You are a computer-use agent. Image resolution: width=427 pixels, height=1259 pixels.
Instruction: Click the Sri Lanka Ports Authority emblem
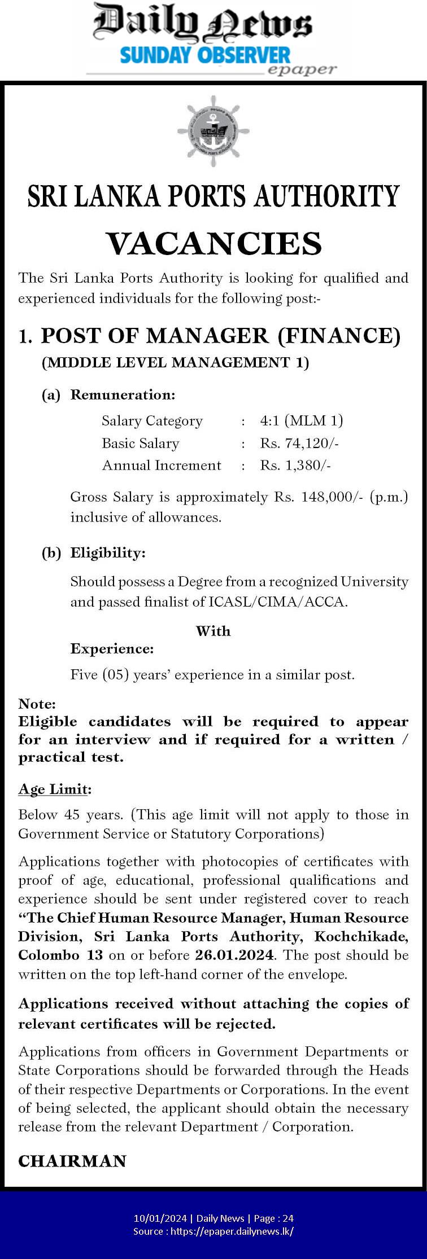click(213, 131)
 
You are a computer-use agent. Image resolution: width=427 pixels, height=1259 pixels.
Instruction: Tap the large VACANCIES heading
click(213, 243)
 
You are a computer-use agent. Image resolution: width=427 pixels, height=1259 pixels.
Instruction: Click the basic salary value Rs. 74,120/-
click(299, 443)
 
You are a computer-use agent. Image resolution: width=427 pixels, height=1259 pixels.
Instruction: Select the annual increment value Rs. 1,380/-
click(295, 465)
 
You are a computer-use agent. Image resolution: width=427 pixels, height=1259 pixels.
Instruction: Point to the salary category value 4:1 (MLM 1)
click(302, 420)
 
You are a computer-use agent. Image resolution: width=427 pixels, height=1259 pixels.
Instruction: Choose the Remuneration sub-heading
click(123, 394)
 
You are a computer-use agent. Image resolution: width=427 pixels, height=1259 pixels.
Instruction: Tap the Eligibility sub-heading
click(108, 552)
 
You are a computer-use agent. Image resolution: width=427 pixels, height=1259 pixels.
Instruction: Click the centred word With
click(213, 630)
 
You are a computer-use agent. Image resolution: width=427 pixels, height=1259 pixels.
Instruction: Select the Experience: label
click(112, 648)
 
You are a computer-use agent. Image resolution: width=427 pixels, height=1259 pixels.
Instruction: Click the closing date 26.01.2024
click(234, 955)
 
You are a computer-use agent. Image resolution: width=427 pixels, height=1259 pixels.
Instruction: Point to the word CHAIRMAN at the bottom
click(72, 1161)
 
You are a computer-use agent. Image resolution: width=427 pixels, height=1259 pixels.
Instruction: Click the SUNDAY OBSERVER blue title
click(205, 55)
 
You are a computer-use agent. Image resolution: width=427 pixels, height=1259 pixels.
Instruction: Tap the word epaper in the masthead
click(302, 70)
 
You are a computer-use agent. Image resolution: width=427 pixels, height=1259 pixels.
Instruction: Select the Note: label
click(37, 704)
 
